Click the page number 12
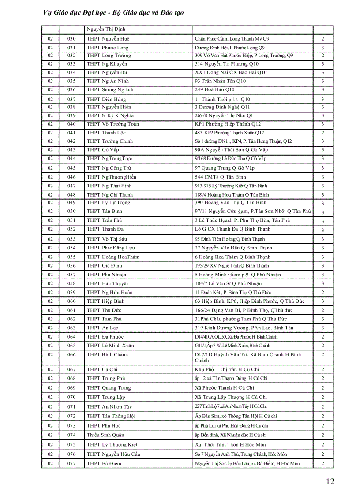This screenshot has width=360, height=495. click(330, 481)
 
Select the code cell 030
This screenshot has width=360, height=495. click(71, 39)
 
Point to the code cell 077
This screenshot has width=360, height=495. click(71, 463)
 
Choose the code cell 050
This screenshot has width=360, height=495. click(71, 212)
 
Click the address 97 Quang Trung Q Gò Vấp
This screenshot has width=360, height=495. click(225, 168)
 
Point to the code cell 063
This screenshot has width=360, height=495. click(71, 328)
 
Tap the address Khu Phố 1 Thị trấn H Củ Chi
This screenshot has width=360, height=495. click(227, 369)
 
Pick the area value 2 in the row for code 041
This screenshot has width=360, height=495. click(323, 133)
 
